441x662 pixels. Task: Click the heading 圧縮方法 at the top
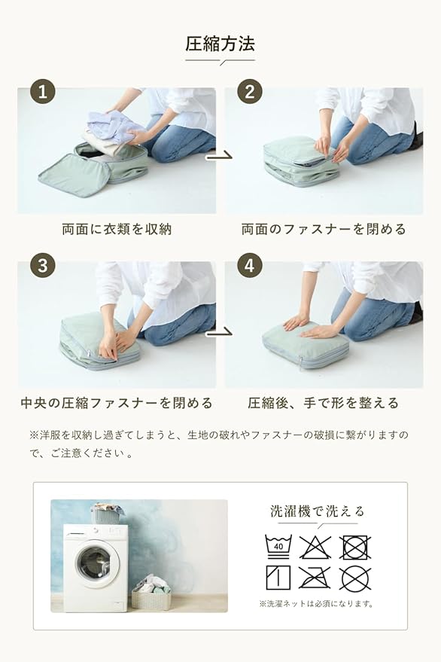point(220,44)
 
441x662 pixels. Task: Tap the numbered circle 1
point(43,91)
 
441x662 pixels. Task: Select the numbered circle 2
point(249,91)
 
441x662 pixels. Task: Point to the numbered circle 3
point(43,265)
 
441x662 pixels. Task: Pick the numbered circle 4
point(249,265)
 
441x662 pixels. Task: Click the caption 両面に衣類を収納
point(117,229)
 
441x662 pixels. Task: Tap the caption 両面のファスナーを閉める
point(324,229)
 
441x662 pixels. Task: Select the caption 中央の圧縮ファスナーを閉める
point(117,403)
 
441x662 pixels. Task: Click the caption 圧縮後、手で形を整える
point(324,403)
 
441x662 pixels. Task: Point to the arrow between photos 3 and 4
point(219,334)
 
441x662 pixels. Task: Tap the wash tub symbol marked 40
point(278,547)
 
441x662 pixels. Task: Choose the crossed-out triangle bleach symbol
point(315,547)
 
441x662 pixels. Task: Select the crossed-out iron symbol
point(315,578)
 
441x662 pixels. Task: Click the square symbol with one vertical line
point(278,578)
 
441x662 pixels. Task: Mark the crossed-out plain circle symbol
point(355,578)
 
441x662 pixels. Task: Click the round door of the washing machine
point(94,563)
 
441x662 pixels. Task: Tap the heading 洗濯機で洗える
point(318,511)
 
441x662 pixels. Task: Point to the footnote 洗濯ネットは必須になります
point(316,604)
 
